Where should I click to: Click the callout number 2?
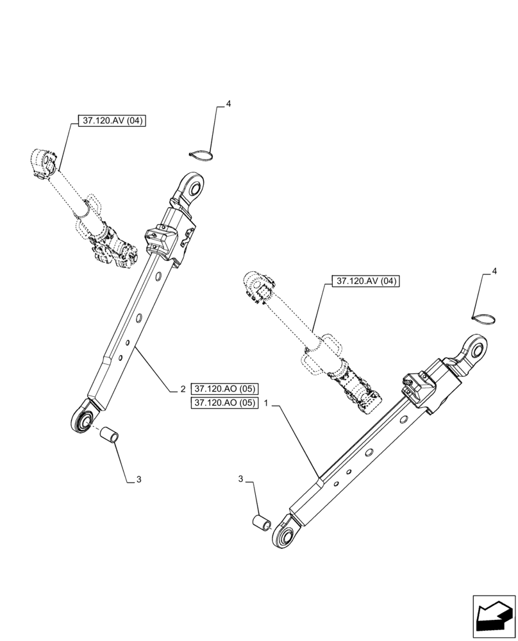[183, 389]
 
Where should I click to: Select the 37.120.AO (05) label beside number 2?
[223, 389]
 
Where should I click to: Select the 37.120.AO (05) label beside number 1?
[223, 403]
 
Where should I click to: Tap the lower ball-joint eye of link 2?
[82, 419]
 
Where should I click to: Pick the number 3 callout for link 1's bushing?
[242, 479]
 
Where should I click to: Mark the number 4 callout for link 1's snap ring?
[494, 272]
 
